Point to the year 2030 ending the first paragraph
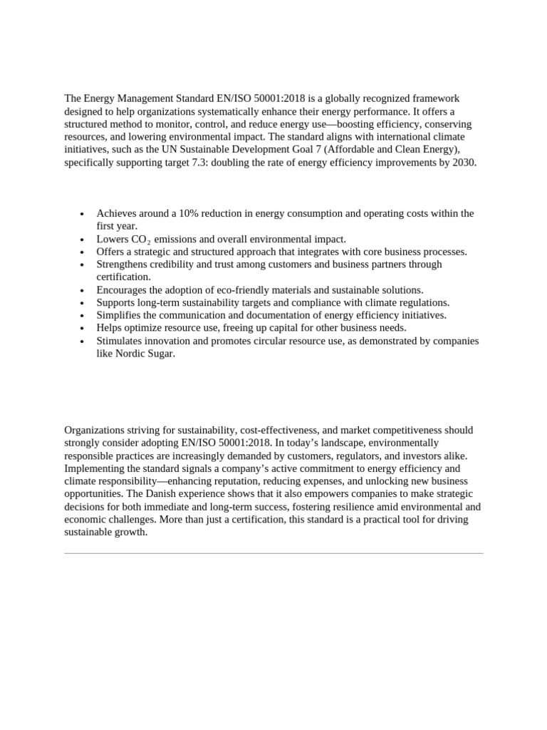click(x=463, y=162)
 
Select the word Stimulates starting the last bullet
click(x=121, y=341)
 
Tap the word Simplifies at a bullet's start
click(x=120, y=315)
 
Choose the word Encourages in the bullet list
click(x=123, y=289)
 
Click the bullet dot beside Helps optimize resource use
click(x=83, y=329)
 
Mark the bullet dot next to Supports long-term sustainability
click(x=83, y=303)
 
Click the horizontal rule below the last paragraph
click(x=273, y=552)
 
